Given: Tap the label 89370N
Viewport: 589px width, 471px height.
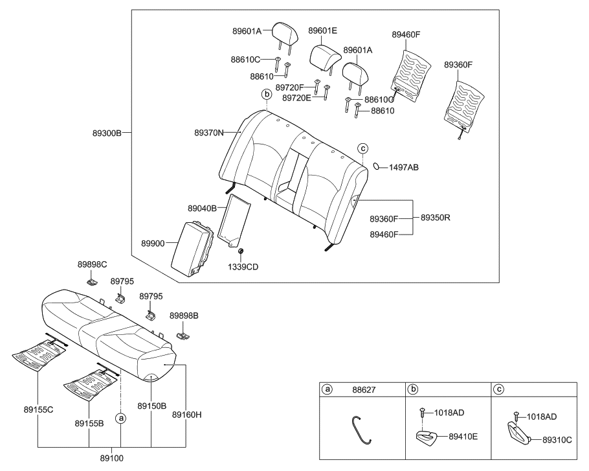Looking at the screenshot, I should [x=209, y=133].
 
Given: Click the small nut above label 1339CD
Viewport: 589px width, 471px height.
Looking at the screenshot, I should [x=241, y=251].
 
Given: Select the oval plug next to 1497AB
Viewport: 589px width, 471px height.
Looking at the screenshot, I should [x=377, y=167].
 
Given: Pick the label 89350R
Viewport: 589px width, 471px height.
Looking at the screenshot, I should [x=435, y=218].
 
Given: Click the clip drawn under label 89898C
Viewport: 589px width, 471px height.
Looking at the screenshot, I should [x=92, y=281].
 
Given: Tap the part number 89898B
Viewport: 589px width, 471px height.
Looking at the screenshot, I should [x=184, y=315].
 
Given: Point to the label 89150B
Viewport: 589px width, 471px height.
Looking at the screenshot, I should [x=151, y=406].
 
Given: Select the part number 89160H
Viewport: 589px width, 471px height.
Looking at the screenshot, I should [x=186, y=415].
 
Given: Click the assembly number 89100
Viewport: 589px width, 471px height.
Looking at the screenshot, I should [x=112, y=457].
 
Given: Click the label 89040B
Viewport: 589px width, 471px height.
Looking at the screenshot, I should [x=203, y=209].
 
